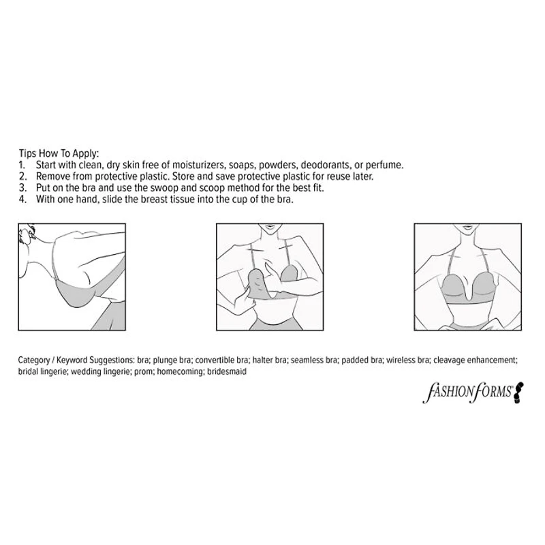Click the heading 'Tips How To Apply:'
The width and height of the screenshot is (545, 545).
(x=59, y=153)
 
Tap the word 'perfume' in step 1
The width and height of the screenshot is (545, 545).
(x=384, y=165)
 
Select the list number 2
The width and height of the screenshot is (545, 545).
(x=22, y=176)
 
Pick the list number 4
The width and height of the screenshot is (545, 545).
(x=22, y=200)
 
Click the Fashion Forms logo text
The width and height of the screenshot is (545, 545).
(x=467, y=392)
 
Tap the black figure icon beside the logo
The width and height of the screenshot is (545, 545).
(x=518, y=393)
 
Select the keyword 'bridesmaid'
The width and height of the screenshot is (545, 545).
(x=227, y=371)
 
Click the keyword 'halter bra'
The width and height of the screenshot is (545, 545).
(x=270, y=360)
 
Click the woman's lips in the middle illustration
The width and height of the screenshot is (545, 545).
(x=270, y=228)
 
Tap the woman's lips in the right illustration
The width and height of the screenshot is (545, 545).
(x=467, y=228)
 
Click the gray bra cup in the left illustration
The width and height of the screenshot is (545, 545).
(x=76, y=294)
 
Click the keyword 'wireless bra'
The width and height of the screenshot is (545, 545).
(x=407, y=360)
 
